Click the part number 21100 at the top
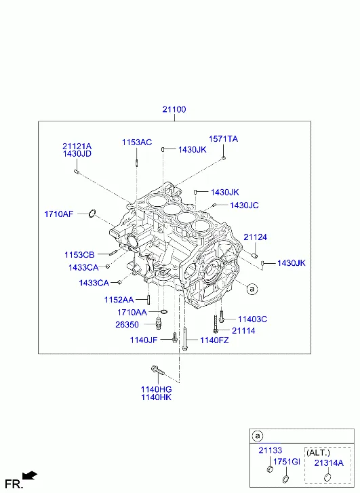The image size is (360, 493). [x=174, y=109]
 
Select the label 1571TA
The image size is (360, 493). [x=223, y=139]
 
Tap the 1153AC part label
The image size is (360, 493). [x=137, y=142]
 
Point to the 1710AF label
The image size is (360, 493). [x=59, y=214]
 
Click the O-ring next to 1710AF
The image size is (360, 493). [x=92, y=214]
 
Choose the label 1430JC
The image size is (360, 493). [x=244, y=205]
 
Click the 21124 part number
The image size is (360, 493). [x=256, y=237]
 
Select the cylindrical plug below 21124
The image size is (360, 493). [x=255, y=255]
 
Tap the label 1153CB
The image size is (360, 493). [x=79, y=255]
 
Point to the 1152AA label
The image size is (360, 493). [x=119, y=300]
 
